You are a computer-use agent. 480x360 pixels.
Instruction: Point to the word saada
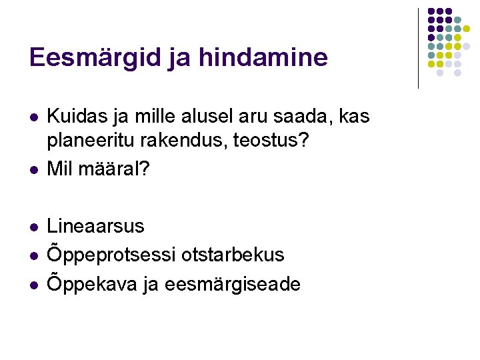tap(307, 116)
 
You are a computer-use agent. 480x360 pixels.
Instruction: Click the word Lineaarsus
tap(95, 225)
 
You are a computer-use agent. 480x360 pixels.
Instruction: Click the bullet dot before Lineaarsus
tap(33, 227)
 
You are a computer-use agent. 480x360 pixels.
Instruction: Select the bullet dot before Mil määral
tap(33, 170)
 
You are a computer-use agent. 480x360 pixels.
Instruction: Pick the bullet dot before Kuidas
tap(33, 118)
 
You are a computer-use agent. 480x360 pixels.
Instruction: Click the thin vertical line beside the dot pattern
tap(418, 48)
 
